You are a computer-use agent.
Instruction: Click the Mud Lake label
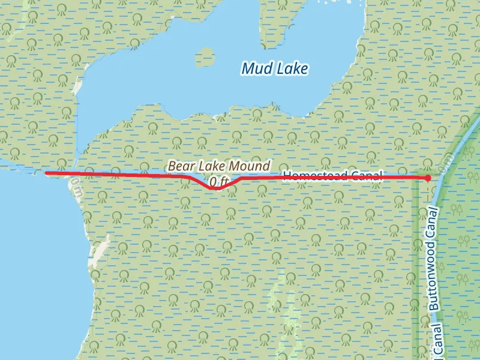pos(274,69)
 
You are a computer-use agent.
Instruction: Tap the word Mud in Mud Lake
pos(256,69)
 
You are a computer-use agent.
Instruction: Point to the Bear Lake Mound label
pos(219,166)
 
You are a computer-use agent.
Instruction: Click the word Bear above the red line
pos(181,166)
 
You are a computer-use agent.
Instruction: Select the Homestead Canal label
pos(332,175)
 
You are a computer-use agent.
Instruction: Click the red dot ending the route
pos(427,178)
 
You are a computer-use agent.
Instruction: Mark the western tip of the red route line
pos(47,173)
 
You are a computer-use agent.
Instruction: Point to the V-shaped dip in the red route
pos(217,188)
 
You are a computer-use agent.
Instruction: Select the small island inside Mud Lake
pos(205,57)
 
